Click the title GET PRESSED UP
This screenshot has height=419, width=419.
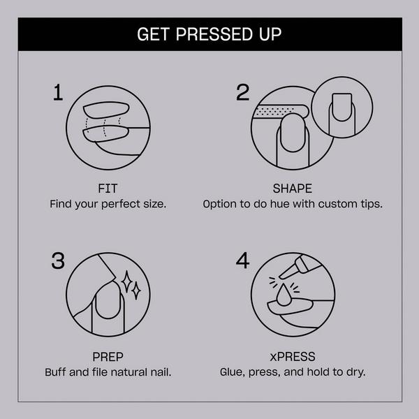209,34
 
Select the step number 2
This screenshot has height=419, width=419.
242,94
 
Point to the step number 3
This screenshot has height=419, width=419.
59,261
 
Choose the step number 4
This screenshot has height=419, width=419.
242,261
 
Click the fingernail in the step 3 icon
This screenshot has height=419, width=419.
105,307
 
